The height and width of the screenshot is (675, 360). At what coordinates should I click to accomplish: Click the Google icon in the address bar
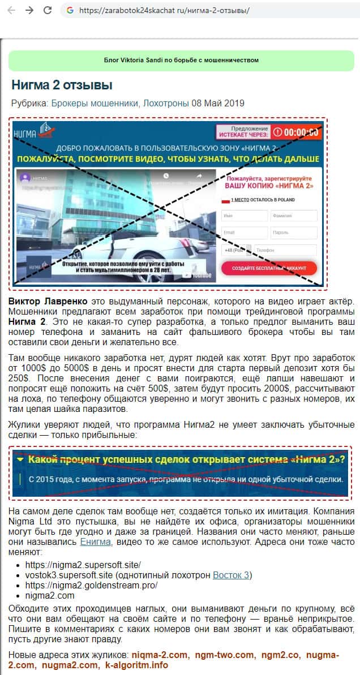pos(70,10)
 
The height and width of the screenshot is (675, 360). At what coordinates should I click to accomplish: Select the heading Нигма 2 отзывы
pos(62,85)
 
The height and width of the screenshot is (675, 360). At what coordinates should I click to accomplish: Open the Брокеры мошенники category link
pos(95,103)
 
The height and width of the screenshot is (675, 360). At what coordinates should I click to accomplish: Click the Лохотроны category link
pos(165,103)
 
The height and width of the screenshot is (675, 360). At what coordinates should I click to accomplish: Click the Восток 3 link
pos(231,575)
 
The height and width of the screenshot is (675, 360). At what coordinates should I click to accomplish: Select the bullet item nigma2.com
pos(50,595)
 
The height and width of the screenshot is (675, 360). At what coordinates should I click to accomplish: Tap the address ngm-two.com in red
pos(225,655)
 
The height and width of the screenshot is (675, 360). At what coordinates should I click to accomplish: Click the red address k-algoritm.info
pos(136,665)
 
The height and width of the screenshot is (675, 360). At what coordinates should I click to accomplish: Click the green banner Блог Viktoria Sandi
pos(181,60)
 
